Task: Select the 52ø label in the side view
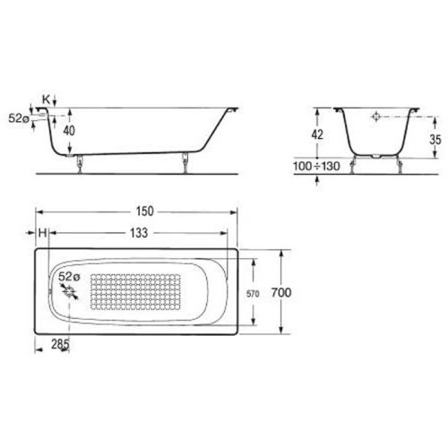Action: point(18,117)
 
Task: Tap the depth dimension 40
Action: point(68,131)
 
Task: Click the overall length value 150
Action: point(144,211)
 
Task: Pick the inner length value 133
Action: point(138,233)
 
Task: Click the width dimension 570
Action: point(254,294)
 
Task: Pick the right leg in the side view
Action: point(185,162)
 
